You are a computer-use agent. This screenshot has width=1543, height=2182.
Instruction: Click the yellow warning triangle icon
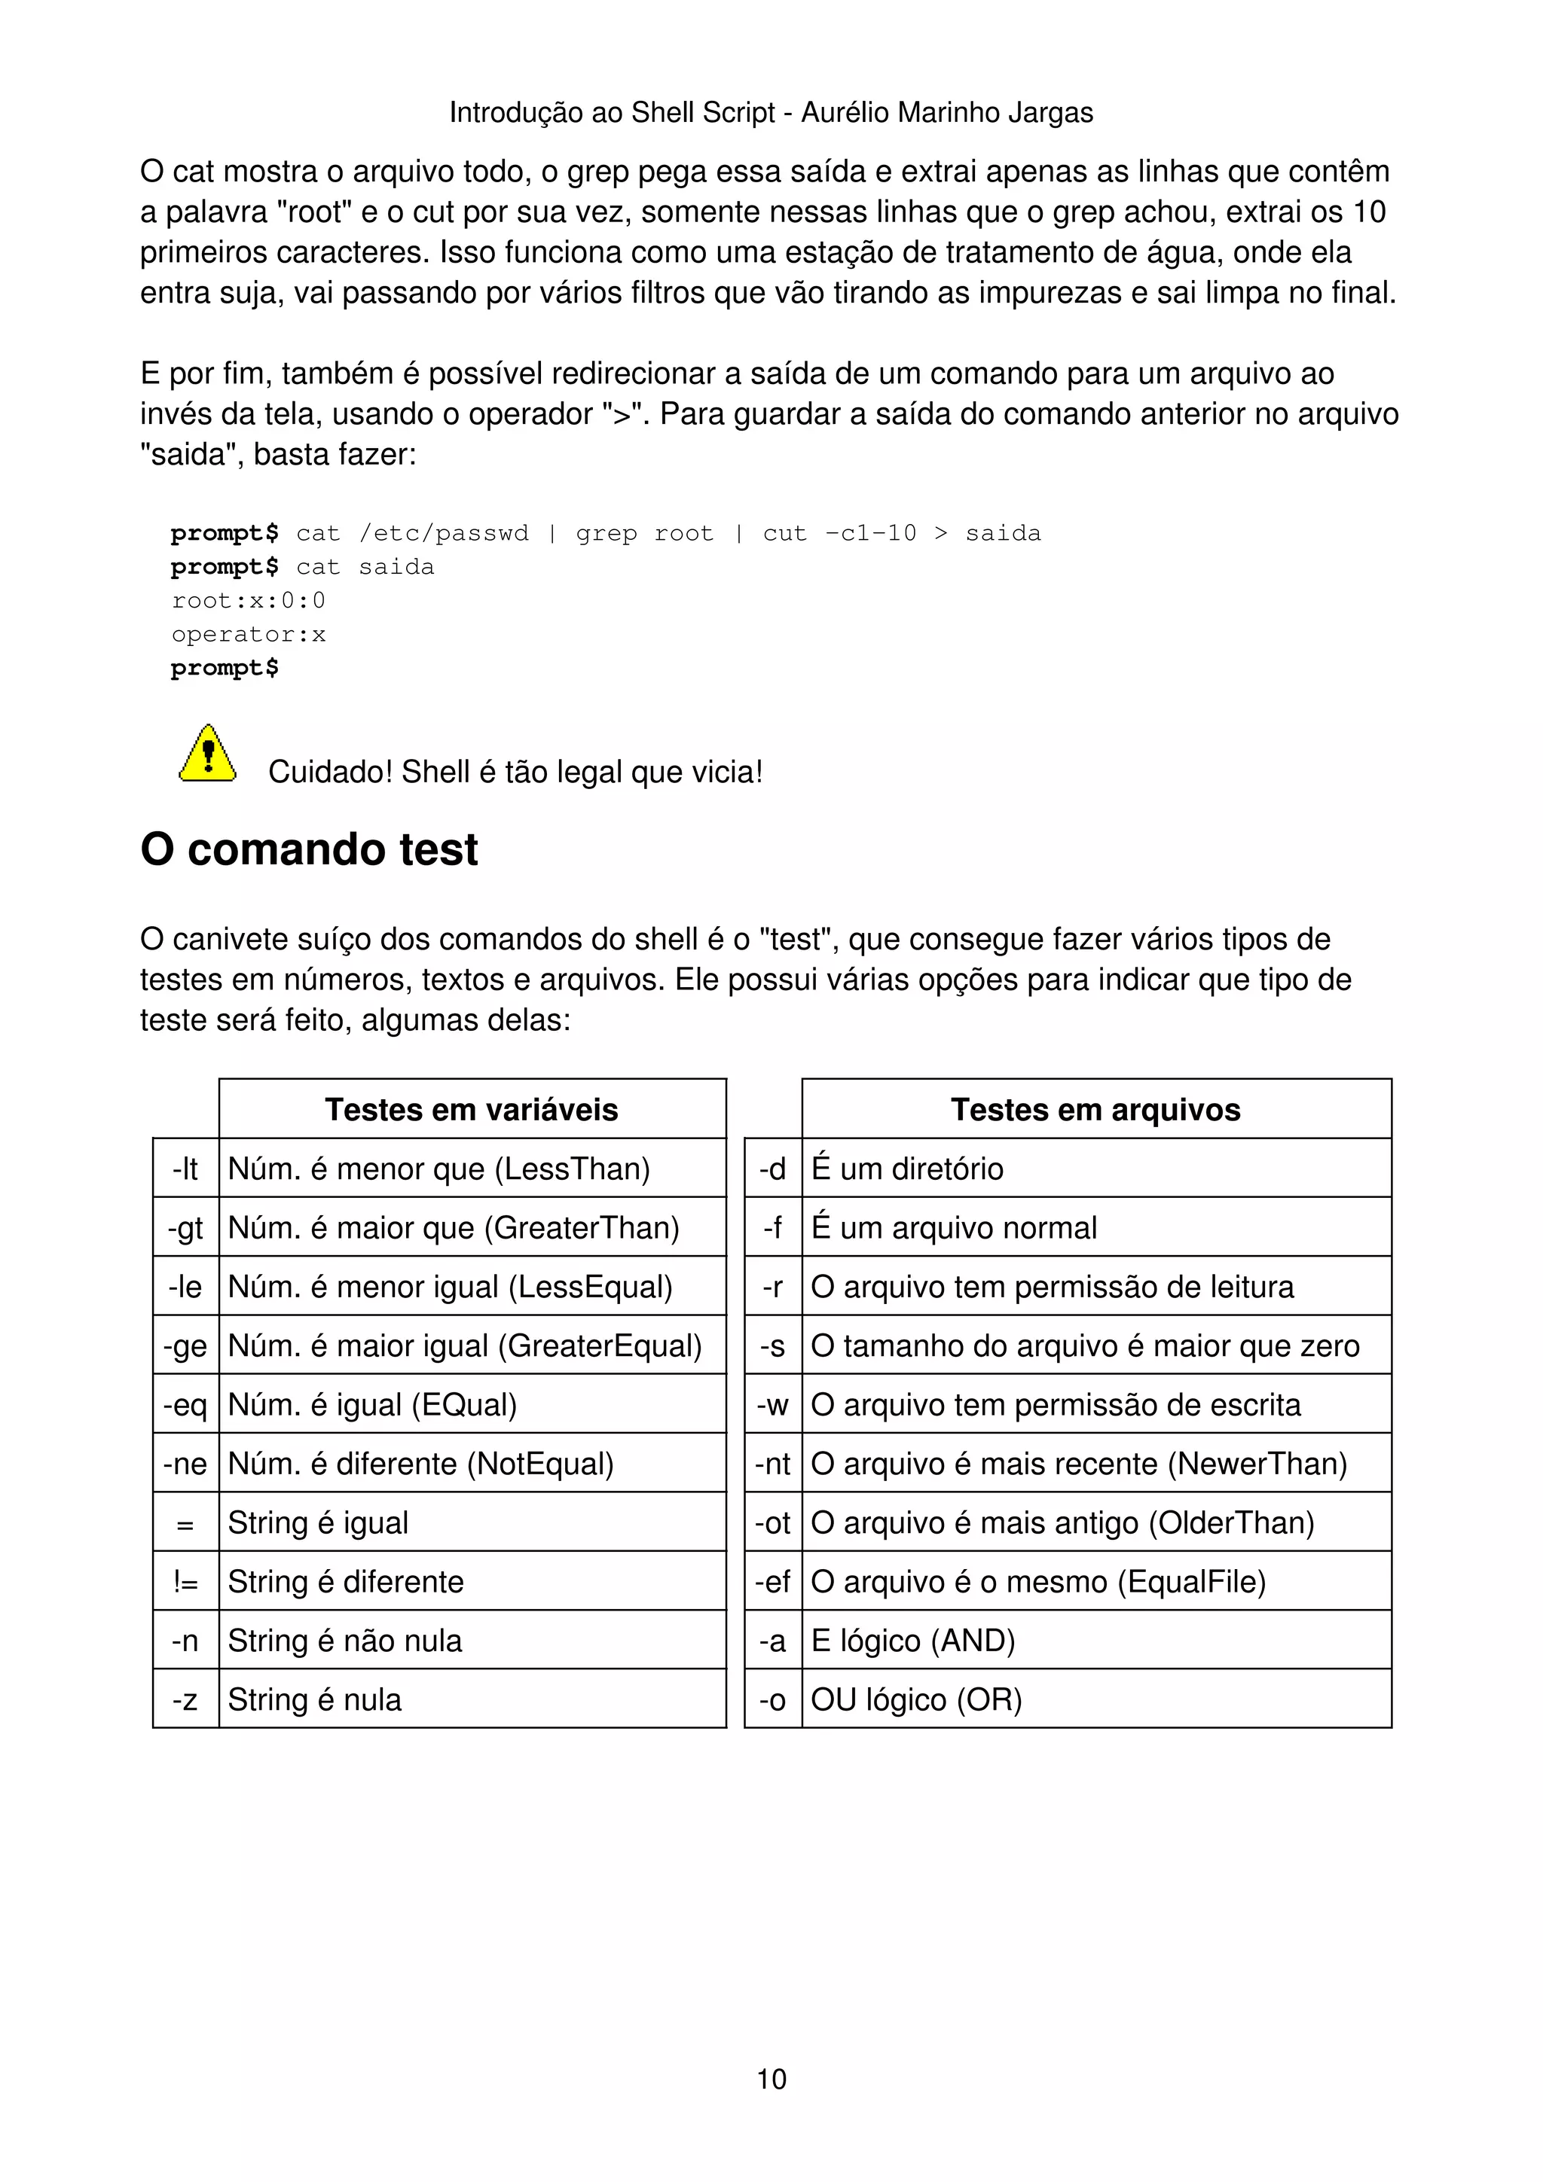point(207,754)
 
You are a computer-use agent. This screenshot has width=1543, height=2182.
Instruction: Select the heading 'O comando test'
point(309,849)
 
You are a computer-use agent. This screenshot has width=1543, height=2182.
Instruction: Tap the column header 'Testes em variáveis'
point(472,1109)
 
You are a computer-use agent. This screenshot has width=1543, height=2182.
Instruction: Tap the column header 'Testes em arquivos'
point(1095,1109)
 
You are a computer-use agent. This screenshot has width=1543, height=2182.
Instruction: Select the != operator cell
point(185,1581)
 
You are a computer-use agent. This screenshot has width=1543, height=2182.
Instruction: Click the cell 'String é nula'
point(315,1699)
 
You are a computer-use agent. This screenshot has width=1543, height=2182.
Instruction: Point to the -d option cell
point(773,1168)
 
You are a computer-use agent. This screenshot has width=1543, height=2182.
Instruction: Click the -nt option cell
point(773,1464)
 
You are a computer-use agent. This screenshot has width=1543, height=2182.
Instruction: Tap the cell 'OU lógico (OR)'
point(916,1699)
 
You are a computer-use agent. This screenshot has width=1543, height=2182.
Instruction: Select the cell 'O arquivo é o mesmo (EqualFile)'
point(1038,1581)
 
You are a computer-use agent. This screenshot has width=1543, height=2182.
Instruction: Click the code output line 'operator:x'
point(248,634)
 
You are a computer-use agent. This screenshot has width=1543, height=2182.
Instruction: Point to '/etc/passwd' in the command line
point(443,533)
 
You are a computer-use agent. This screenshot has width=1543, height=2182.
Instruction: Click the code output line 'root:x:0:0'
point(248,601)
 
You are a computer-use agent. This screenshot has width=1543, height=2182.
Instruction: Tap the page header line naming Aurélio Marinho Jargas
point(771,112)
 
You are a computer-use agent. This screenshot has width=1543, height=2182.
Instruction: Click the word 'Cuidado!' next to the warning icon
point(329,772)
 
